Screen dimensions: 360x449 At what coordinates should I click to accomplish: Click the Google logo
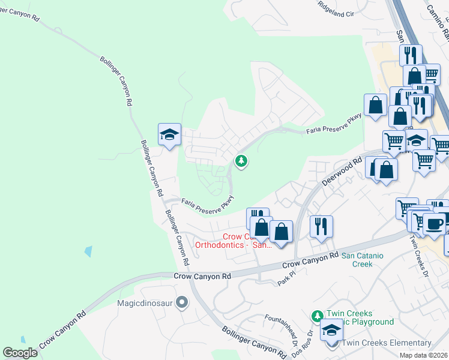[x=20, y=353]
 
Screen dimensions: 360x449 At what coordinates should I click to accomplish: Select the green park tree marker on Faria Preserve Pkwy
[x=241, y=161]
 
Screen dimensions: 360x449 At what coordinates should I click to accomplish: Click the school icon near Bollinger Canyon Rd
[x=169, y=134]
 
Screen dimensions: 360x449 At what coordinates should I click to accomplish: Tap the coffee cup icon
[x=434, y=224]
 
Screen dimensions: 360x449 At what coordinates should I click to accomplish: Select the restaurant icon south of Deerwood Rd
[x=321, y=227]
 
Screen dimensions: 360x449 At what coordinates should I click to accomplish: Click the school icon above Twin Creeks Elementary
[x=331, y=329]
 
